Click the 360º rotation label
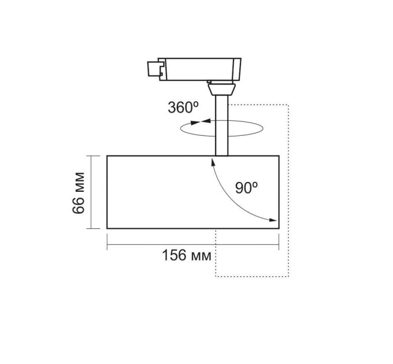click(x=183, y=107)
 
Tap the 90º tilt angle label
click(x=247, y=188)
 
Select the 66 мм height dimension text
click(x=79, y=193)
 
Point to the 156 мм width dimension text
click(x=187, y=255)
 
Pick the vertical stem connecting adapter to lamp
click(x=222, y=125)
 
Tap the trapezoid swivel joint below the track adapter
click(x=222, y=90)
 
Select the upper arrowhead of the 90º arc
click(x=213, y=162)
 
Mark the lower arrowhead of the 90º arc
click(x=273, y=220)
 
